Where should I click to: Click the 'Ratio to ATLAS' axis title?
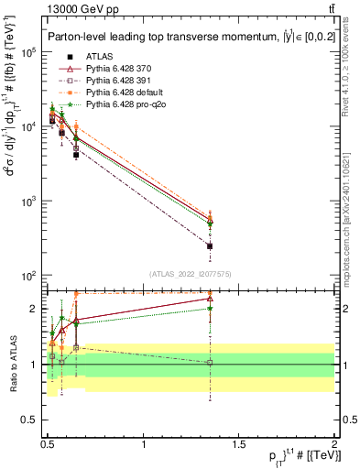(12, 364)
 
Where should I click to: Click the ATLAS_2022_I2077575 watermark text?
(190, 274)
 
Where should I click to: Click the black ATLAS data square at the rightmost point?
(210, 246)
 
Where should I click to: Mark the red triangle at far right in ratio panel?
(210, 298)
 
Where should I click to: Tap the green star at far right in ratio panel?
(210, 308)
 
